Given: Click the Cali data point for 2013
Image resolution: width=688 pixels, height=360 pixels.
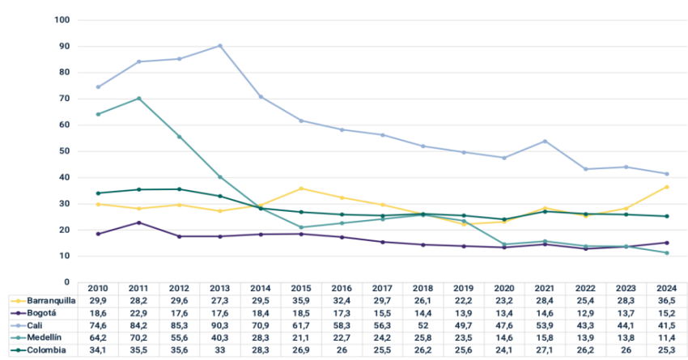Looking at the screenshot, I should (x=219, y=45).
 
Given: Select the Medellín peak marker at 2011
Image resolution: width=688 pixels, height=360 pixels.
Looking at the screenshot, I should (x=138, y=99).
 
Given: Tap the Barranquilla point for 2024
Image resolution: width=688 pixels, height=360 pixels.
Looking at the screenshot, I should (x=666, y=187).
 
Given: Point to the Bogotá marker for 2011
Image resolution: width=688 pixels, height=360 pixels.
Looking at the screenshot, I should (x=138, y=222).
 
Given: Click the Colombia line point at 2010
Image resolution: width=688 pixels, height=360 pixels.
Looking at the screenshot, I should (x=98, y=193).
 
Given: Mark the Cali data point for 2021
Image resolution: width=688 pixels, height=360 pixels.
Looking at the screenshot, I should (x=545, y=141).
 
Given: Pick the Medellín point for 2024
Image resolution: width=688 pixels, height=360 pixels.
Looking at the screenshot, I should (x=666, y=252).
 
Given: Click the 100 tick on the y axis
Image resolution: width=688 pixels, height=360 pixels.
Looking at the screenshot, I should (x=62, y=19).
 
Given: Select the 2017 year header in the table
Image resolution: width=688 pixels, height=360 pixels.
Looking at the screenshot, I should (x=382, y=289).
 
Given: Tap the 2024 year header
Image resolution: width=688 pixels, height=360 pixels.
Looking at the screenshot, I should (x=666, y=289).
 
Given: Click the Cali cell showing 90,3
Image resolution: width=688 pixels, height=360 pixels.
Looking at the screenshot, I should (x=219, y=325).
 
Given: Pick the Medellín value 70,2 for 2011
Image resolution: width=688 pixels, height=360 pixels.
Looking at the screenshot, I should (x=138, y=337).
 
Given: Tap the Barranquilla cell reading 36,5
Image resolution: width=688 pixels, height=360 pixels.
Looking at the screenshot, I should (x=666, y=300).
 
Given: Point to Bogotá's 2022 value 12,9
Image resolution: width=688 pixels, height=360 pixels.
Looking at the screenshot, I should (x=585, y=312).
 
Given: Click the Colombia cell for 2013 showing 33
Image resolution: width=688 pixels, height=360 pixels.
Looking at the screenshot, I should (x=219, y=349).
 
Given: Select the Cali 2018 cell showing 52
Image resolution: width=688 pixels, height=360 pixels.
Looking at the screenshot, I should (x=423, y=325).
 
